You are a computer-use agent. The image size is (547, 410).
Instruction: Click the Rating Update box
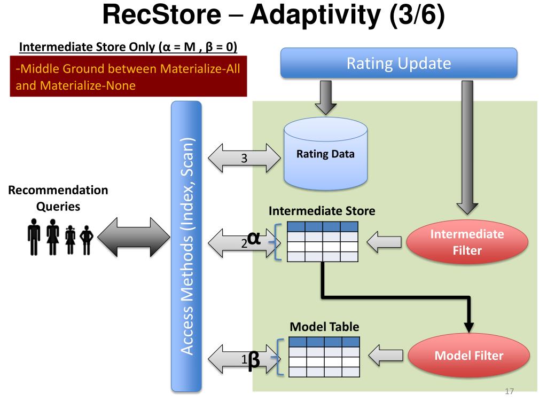click(398, 63)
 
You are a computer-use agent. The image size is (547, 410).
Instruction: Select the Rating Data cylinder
click(325, 154)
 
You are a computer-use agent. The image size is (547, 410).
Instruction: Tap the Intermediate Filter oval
click(467, 242)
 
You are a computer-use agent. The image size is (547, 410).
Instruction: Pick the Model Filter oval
click(469, 355)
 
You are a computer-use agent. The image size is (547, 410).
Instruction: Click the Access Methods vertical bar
click(186, 247)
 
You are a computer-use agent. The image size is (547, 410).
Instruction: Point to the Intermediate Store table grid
click(322, 242)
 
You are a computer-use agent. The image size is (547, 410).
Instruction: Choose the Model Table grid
click(324, 357)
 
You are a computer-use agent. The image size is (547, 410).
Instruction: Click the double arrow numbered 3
click(244, 158)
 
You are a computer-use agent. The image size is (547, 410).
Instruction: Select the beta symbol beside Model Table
click(254, 360)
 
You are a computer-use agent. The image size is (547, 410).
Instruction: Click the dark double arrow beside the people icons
click(134, 237)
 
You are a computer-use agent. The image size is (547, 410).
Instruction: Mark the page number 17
click(509, 391)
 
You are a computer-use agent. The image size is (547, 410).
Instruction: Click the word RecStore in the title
click(162, 14)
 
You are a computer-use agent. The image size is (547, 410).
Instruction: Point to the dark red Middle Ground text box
click(128, 76)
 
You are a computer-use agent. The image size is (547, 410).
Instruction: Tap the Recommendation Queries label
click(58, 198)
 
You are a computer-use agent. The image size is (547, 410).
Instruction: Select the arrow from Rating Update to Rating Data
click(325, 98)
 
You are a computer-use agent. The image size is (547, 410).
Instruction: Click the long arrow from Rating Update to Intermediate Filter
click(467, 147)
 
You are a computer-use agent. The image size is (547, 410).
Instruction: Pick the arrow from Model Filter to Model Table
click(386, 355)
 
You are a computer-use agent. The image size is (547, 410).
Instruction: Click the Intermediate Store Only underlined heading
click(128, 47)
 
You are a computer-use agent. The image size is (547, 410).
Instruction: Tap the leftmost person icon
click(34, 237)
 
